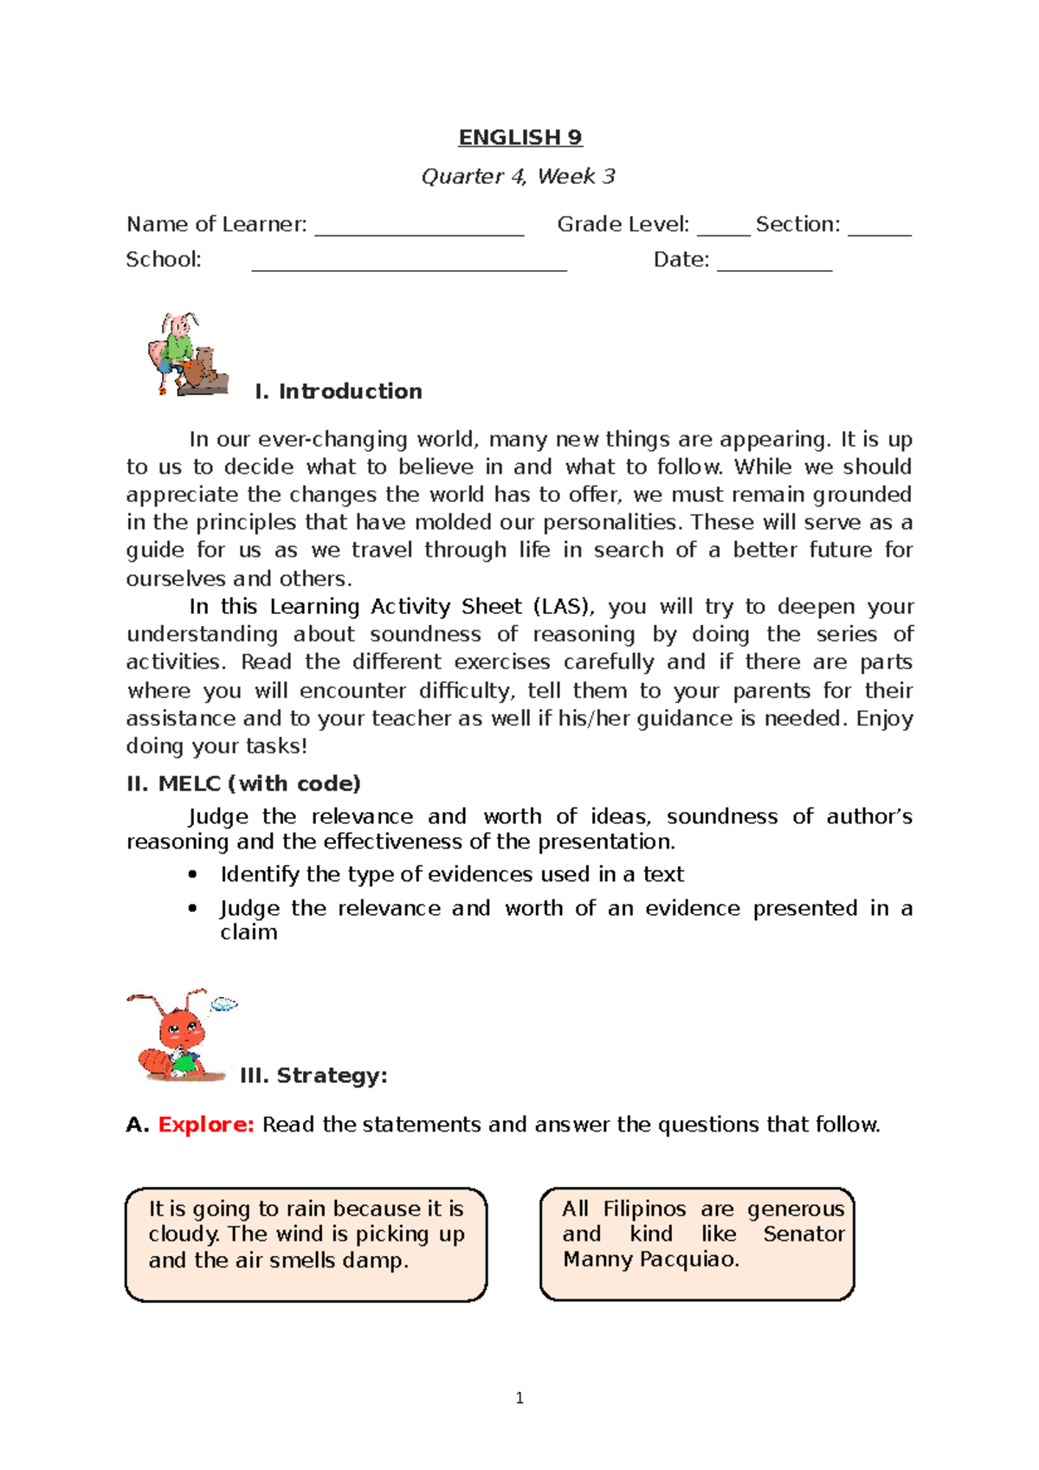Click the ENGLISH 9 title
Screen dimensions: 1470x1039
519,138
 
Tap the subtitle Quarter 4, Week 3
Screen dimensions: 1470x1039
518,177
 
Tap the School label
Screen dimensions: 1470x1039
164,260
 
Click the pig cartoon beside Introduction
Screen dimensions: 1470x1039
187,355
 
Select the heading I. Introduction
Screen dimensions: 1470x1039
339,391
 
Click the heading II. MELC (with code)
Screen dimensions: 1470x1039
243,783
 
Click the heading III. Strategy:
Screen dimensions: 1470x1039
313,1076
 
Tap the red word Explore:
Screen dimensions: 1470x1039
206,1125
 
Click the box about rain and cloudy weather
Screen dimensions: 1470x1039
306,1244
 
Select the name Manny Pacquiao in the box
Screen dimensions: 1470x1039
651,1260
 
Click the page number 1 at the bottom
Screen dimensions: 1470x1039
519,1398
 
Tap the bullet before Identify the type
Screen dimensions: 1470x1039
193,875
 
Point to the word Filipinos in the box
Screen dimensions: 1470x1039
644,1209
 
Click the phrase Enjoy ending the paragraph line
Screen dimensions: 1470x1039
884,719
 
